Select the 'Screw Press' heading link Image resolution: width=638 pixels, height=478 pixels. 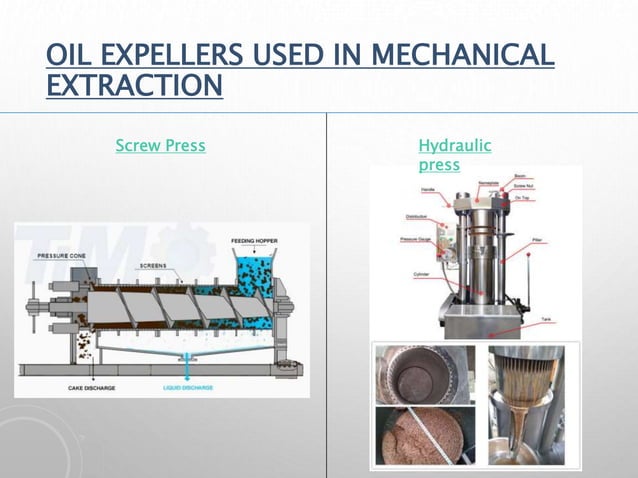tap(160, 146)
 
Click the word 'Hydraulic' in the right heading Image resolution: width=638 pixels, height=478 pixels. tap(454, 146)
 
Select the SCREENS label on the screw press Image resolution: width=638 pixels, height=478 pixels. tap(152, 266)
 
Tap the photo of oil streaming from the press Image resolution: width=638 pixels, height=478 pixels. tap(526, 404)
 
